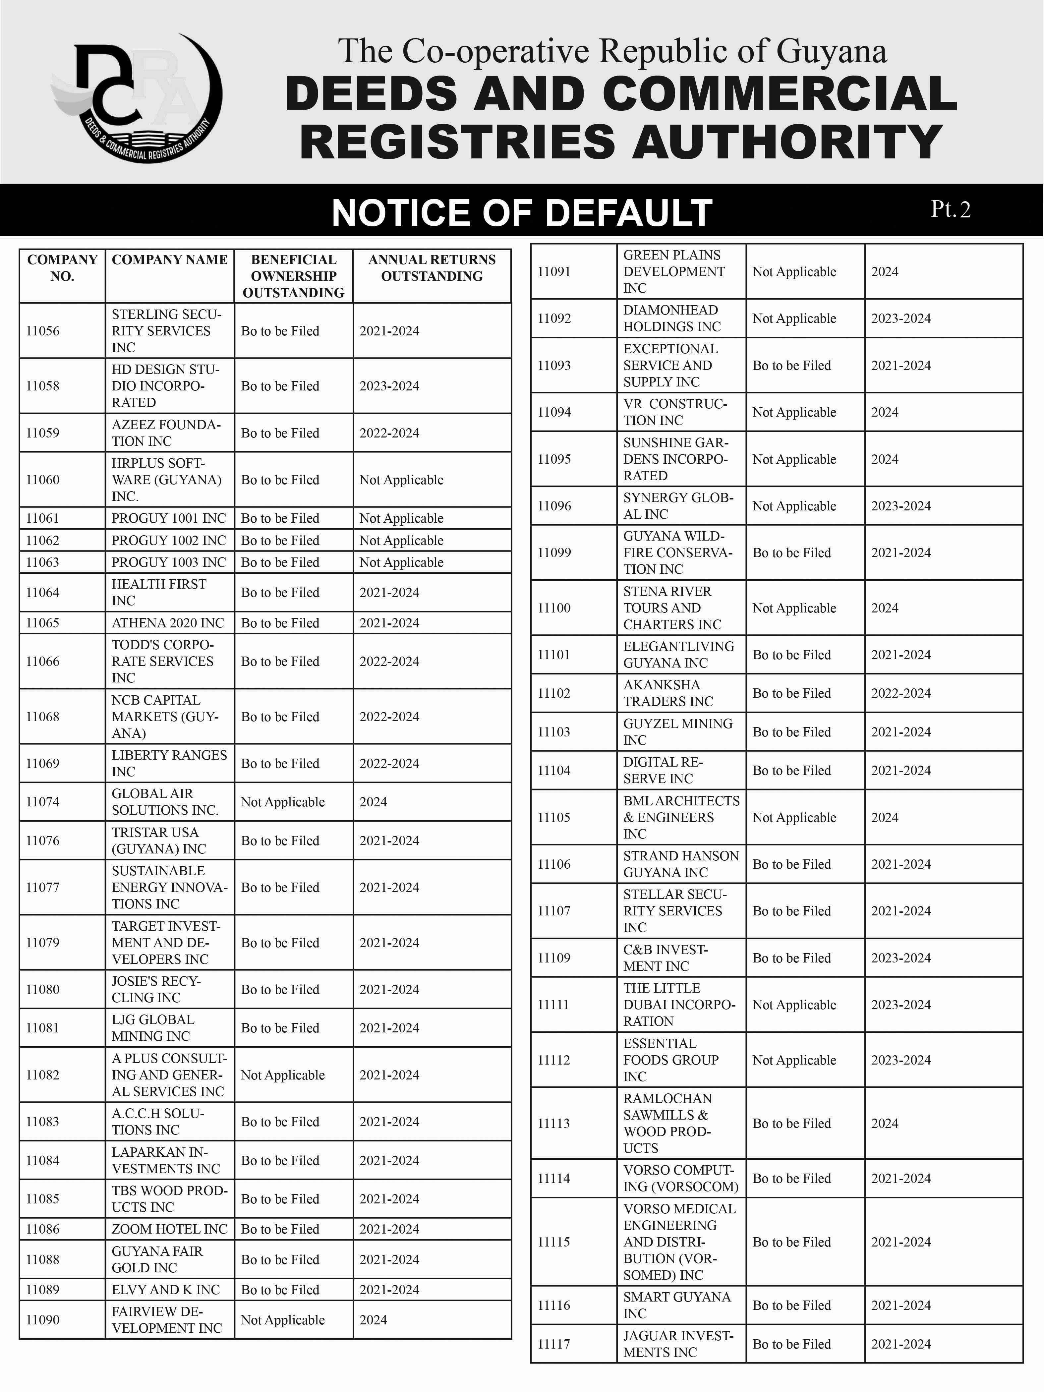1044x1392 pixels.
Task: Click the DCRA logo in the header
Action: [137, 97]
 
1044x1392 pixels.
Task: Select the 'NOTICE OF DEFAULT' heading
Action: [522, 213]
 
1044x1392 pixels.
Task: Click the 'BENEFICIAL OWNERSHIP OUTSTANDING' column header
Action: [293, 276]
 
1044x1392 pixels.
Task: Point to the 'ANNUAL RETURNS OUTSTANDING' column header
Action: [432, 268]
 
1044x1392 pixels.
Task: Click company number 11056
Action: [43, 331]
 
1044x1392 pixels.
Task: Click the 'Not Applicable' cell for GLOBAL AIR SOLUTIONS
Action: [283, 802]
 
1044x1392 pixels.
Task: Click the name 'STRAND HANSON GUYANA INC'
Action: [681, 864]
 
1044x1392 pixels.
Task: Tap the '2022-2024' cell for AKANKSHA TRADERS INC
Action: [900, 693]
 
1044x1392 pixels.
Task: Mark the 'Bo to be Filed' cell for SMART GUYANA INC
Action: [792, 1305]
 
